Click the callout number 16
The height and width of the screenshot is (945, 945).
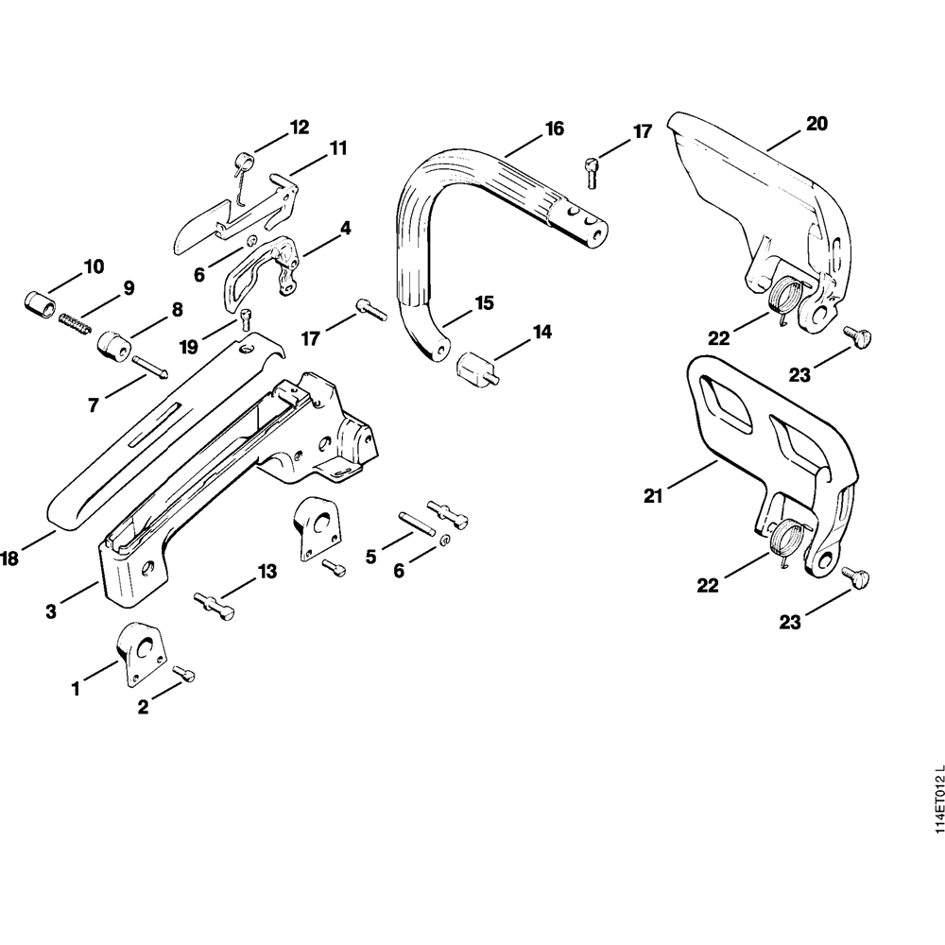pos(555,129)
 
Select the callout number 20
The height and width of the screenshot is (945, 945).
pos(816,123)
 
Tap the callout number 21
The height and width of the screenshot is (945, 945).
pos(653,495)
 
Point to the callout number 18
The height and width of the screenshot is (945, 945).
pos(9,559)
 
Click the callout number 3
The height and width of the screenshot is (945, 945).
pos(51,612)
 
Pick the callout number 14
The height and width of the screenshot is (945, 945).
pos(541,333)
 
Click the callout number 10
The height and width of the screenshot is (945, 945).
pos(94,266)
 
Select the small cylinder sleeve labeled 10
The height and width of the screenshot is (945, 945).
pos(38,304)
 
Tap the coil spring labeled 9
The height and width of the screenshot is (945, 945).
pos(76,324)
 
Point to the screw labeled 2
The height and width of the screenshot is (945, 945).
pos(186,673)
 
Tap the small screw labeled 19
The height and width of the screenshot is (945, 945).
pos(247,318)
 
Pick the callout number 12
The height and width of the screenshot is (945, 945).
pos(300,128)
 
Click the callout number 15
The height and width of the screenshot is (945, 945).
pos(484,303)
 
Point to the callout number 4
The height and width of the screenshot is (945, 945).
pos(345,228)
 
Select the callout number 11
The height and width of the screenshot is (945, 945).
pos(338,147)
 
